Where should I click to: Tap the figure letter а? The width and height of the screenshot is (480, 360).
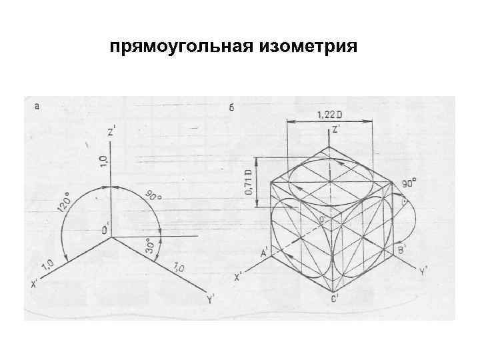pyautogui.click(x=37, y=105)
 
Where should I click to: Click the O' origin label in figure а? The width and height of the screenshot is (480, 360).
pyautogui.click(x=105, y=231)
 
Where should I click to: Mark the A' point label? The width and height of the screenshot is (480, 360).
pyautogui.click(x=263, y=253)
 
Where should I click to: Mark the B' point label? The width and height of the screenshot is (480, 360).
pyautogui.click(x=401, y=249)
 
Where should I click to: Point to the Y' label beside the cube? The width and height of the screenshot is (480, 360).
pyautogui.click(x=423, y=271)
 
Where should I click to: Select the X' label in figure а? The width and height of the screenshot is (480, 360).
pyautogui.click(x=33, y=283)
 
